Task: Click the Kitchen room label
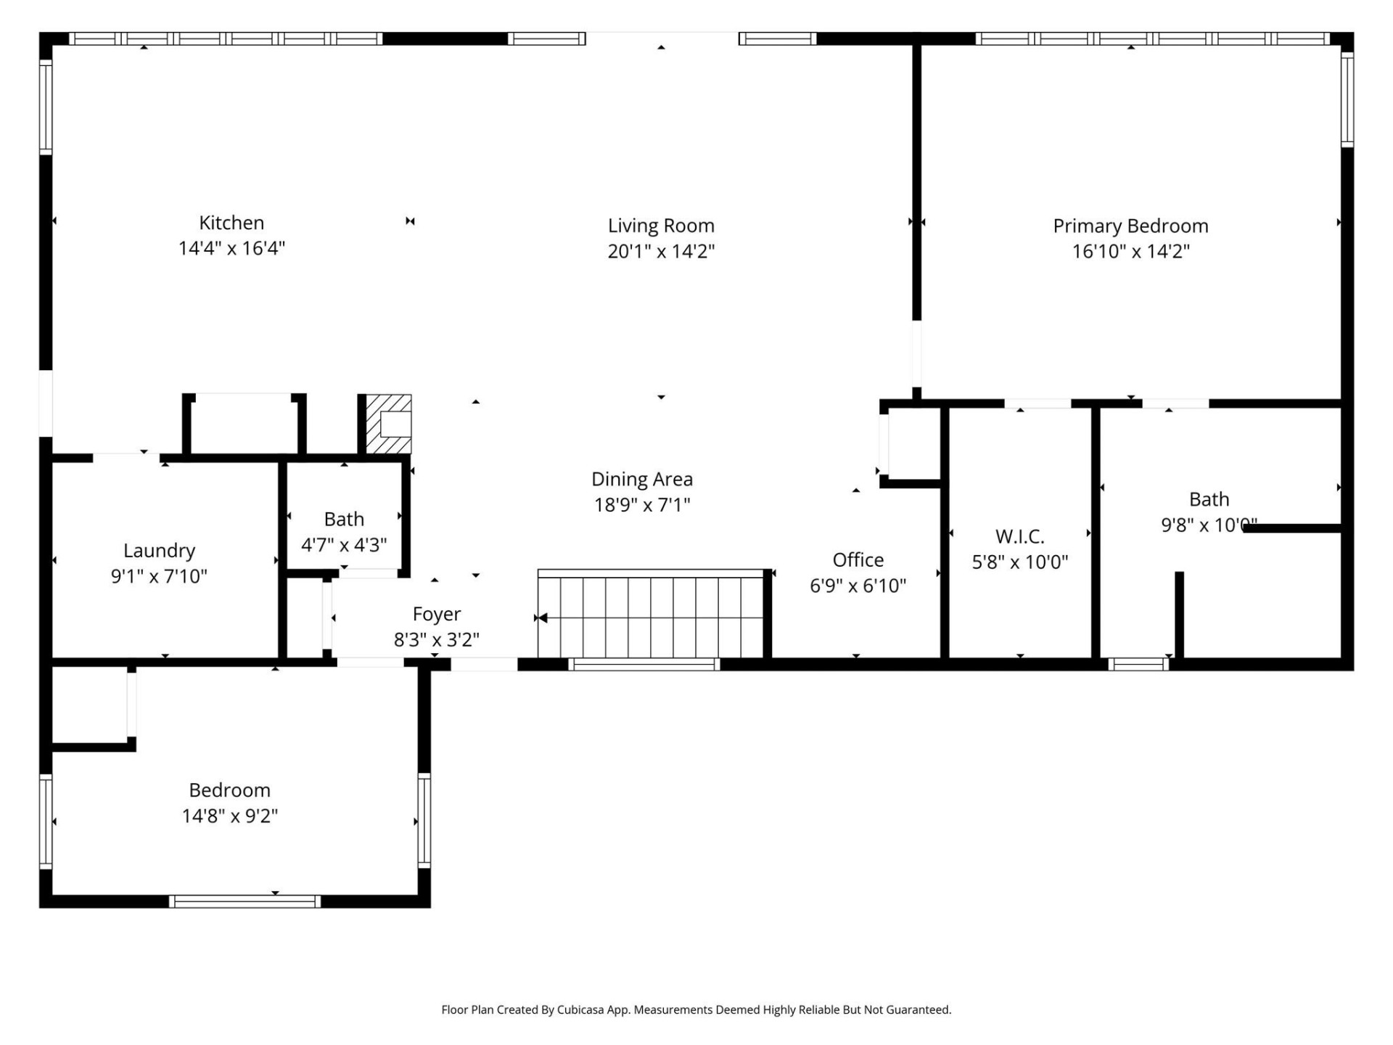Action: coord(231,223)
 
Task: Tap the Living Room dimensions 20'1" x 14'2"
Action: coord(661,251)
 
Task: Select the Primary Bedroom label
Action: coord(1130,226)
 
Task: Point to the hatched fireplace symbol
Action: coord(388,425)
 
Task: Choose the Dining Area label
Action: coord(641,479)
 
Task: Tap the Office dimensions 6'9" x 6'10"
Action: coord(858,586)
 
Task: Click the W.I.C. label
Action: coord(1019,536)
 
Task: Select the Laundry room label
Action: coord(159,551)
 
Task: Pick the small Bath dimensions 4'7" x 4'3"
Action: coord(344,545)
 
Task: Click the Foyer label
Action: coord(436,614)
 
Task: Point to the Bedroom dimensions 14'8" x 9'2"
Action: coord(230,816)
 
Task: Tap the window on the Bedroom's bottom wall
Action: coord(245,901)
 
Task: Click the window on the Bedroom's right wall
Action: coord(424,820)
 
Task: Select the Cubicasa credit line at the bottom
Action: coord(696,1009)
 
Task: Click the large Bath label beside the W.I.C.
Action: coord(1209,499)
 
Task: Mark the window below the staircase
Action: coord(644,664)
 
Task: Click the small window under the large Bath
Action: coord(1138,664)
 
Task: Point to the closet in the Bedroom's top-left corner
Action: coord(90,705)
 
